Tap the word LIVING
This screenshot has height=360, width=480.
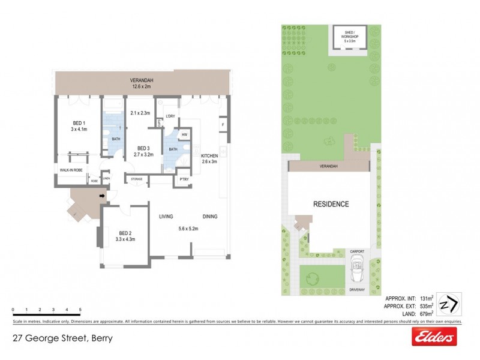167,217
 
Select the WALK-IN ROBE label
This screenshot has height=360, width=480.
71,170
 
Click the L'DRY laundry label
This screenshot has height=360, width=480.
169,116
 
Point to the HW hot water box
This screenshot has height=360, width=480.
185,134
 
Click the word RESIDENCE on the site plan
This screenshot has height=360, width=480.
331,204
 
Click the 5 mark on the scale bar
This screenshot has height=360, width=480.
80,310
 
